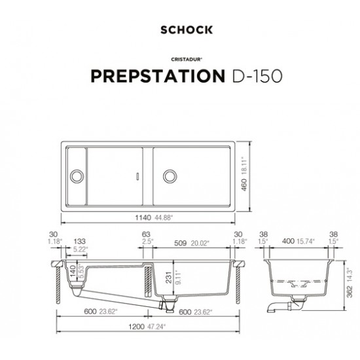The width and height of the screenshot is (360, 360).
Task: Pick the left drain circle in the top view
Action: pyautogui.click(x=77, y=175)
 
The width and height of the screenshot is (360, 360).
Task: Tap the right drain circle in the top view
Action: pyautogui.click(x=170, y=175)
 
